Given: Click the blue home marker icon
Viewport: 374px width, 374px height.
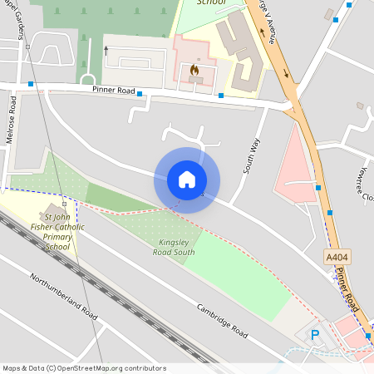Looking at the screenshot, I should point(187,180).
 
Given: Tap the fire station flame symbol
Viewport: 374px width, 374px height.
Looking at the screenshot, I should point(195,71).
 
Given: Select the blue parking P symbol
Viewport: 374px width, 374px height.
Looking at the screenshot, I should point(315,335).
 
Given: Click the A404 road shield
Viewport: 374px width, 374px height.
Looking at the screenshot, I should point(337,258).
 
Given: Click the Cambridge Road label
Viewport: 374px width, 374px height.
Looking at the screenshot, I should point(222,321).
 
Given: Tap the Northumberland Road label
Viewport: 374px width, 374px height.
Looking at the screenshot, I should point(63,295).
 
